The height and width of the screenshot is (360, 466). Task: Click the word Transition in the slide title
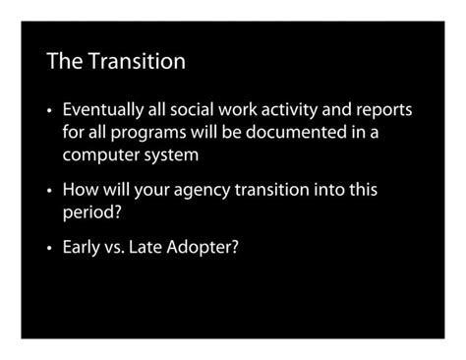tap(138, 62)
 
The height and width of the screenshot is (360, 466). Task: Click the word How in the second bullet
tap(80, 189)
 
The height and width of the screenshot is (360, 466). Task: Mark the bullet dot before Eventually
tap(50, 109)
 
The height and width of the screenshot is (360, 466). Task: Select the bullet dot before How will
tap(50, 190)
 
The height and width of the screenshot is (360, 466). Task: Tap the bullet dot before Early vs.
tap(50, 247)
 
